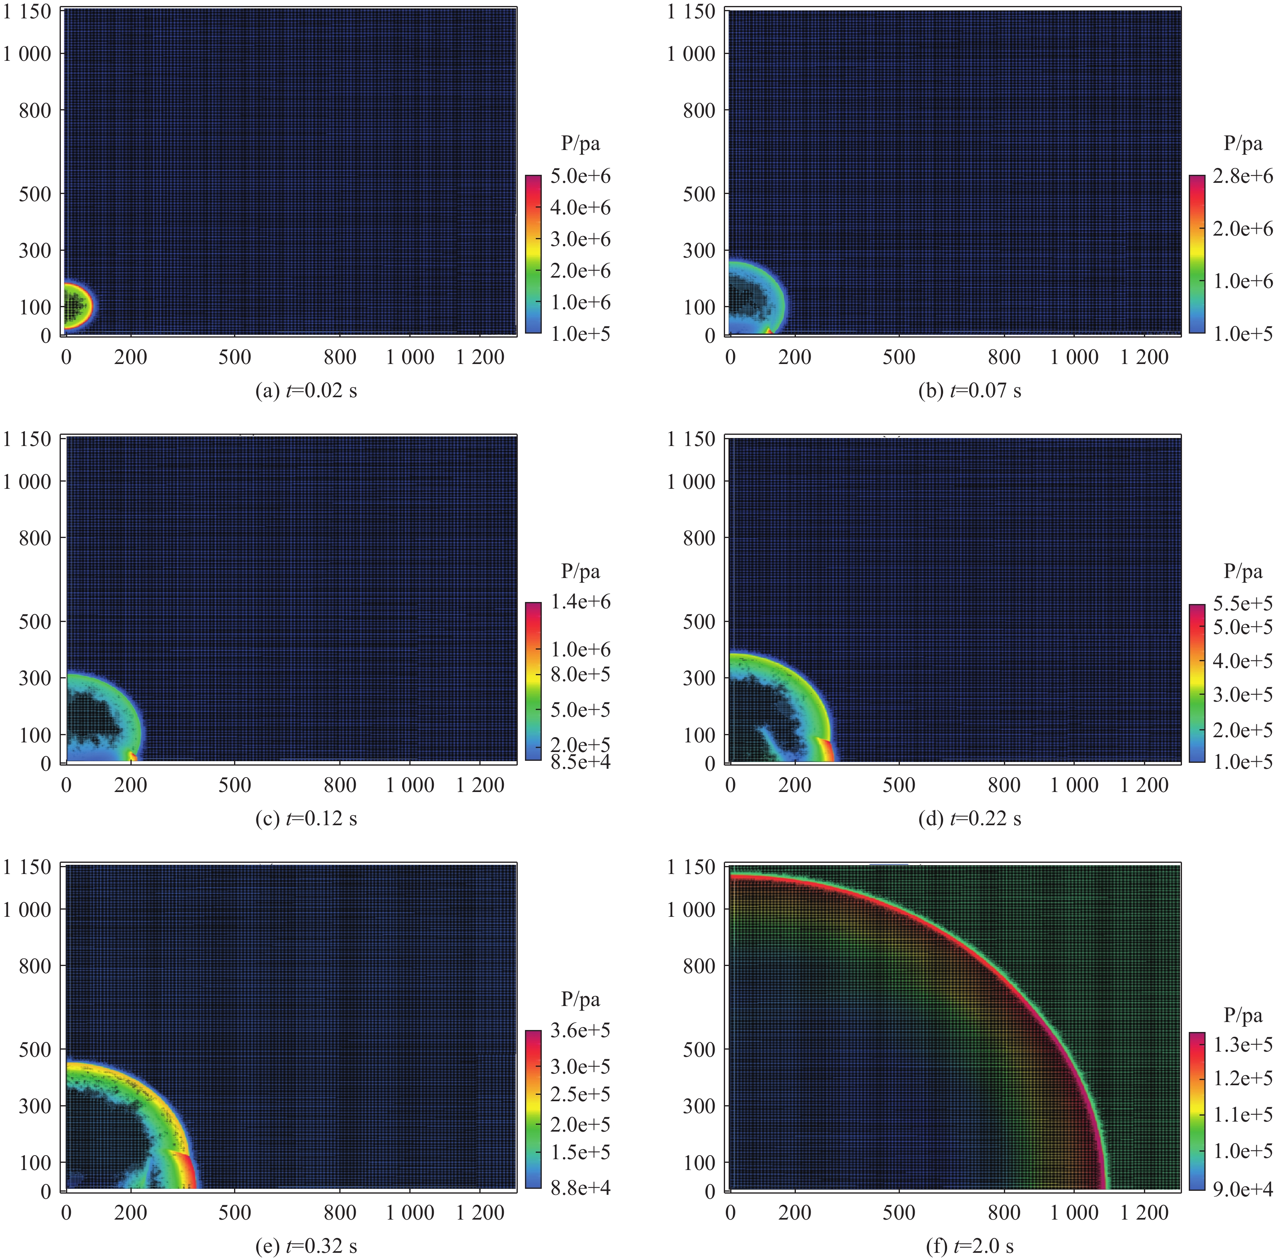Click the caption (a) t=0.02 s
306,391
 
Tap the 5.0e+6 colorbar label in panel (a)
581,176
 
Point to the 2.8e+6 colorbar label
1243,176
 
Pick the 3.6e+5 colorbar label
581,1030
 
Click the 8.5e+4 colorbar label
581,762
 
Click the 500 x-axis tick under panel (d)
898,784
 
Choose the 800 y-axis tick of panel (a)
35,110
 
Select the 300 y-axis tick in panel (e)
35,1106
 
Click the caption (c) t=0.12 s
306,819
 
